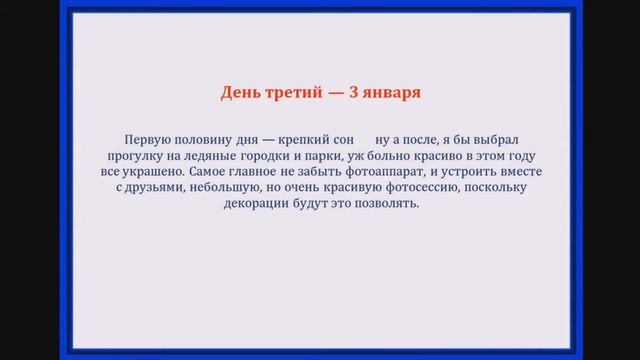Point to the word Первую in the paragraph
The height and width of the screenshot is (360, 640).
[x=148, y=140]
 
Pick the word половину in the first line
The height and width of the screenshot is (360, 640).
[x=206, y=140]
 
